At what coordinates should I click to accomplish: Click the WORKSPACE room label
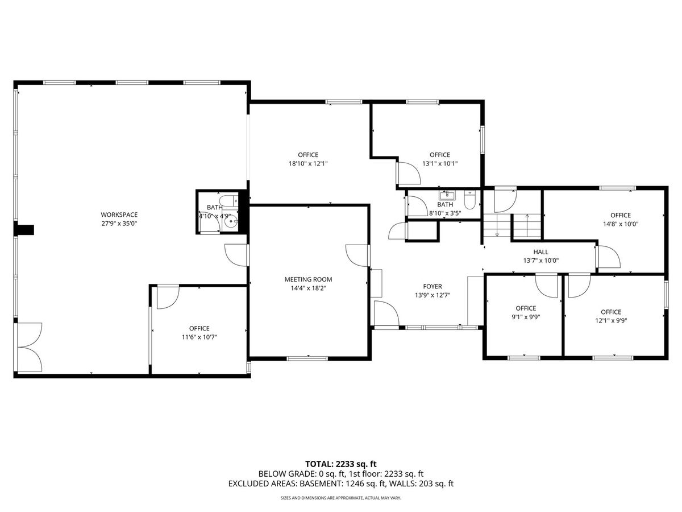[x=119, y=214]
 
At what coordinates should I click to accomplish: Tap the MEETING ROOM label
[x=308, y=279]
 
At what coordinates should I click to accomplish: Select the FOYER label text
[x=433, y=286]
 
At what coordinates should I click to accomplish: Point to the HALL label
[x=541, y=252]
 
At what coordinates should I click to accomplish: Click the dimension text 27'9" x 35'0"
[x=119, y=223]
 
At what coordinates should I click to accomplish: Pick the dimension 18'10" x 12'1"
[x=308, y=163]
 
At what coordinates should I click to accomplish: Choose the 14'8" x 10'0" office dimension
[x=621, y=224]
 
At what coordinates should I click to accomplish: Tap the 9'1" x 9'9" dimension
[x=526, y=317]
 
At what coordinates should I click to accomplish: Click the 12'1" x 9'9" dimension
[x=611, y=321]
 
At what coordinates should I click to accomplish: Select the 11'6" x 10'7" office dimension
[x=199, y=337]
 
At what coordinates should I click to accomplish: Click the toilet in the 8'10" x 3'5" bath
[x=469, y=200]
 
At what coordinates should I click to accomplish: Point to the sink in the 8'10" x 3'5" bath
[x=447, y=196]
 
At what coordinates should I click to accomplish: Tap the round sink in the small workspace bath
[x=231, y=222]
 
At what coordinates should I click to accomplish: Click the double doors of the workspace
[x=30, y=347]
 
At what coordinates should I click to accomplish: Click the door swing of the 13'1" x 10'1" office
[x=409, y=173]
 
